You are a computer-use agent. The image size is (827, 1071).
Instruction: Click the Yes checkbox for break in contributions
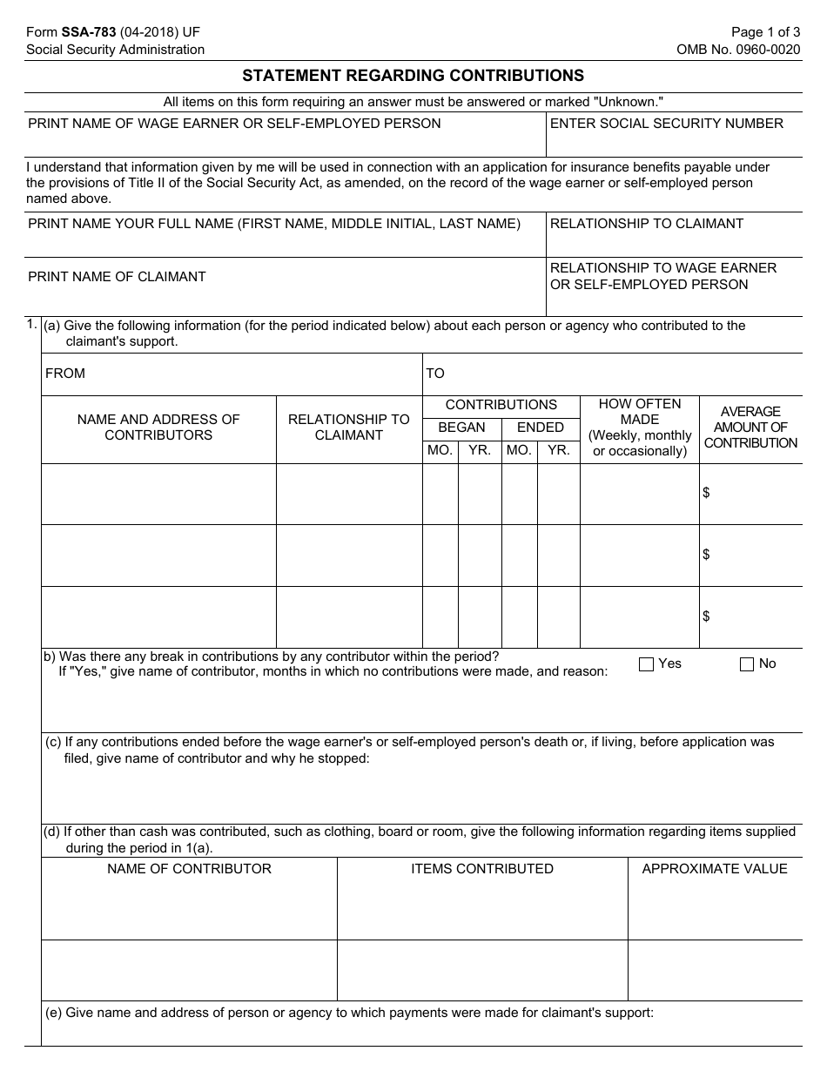click(646, 664)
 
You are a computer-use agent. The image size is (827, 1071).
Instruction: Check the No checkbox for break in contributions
click(747, 664)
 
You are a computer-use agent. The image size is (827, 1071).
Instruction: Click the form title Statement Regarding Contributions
click(413, 76)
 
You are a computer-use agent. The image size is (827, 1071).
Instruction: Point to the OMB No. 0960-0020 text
click(738, 50)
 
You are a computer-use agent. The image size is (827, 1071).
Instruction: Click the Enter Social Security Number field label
click(666, 124)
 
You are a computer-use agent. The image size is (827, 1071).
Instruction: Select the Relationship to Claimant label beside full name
click(646, 224)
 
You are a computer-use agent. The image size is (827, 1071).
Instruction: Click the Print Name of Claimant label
click(117, 277)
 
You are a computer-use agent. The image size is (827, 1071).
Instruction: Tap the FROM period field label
click(65, 374)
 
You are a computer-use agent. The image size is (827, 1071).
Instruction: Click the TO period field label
click(435, 374)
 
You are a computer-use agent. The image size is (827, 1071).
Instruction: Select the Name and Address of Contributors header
click(158, 427)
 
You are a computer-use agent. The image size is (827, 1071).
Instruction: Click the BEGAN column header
click(461, 428)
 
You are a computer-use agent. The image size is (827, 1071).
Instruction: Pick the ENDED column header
click(541, 428)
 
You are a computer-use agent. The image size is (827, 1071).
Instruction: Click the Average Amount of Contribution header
click(750, 427)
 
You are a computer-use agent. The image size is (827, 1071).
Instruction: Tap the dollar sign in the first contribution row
click(706, 493)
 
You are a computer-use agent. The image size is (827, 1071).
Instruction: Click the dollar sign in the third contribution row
click(706, 616)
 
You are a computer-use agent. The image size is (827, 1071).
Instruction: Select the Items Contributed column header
click(482, 869)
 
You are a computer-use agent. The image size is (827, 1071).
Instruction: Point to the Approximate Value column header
click(714, 869)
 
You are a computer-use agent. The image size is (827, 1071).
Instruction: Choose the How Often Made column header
click(640, 427)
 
